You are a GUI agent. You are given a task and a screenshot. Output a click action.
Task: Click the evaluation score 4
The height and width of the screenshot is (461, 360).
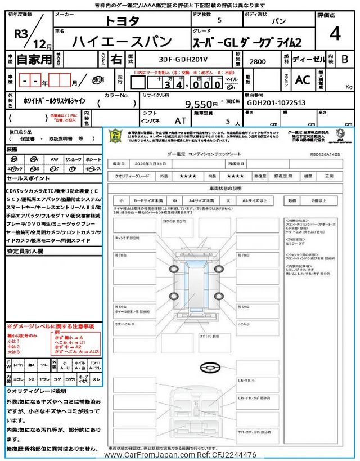coord(335,35)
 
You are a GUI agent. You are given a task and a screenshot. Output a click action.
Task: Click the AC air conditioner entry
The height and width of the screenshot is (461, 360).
coord(303,80)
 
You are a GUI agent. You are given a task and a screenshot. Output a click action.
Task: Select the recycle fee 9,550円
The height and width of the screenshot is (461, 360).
coord(201,104)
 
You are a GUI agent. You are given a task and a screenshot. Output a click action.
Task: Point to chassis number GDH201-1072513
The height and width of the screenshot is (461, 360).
coord(276,104)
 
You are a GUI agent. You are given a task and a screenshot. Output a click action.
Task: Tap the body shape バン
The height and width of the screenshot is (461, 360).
coord(278,21)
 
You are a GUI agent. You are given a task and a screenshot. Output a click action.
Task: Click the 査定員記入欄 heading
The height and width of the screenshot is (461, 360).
coord(25,252)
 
